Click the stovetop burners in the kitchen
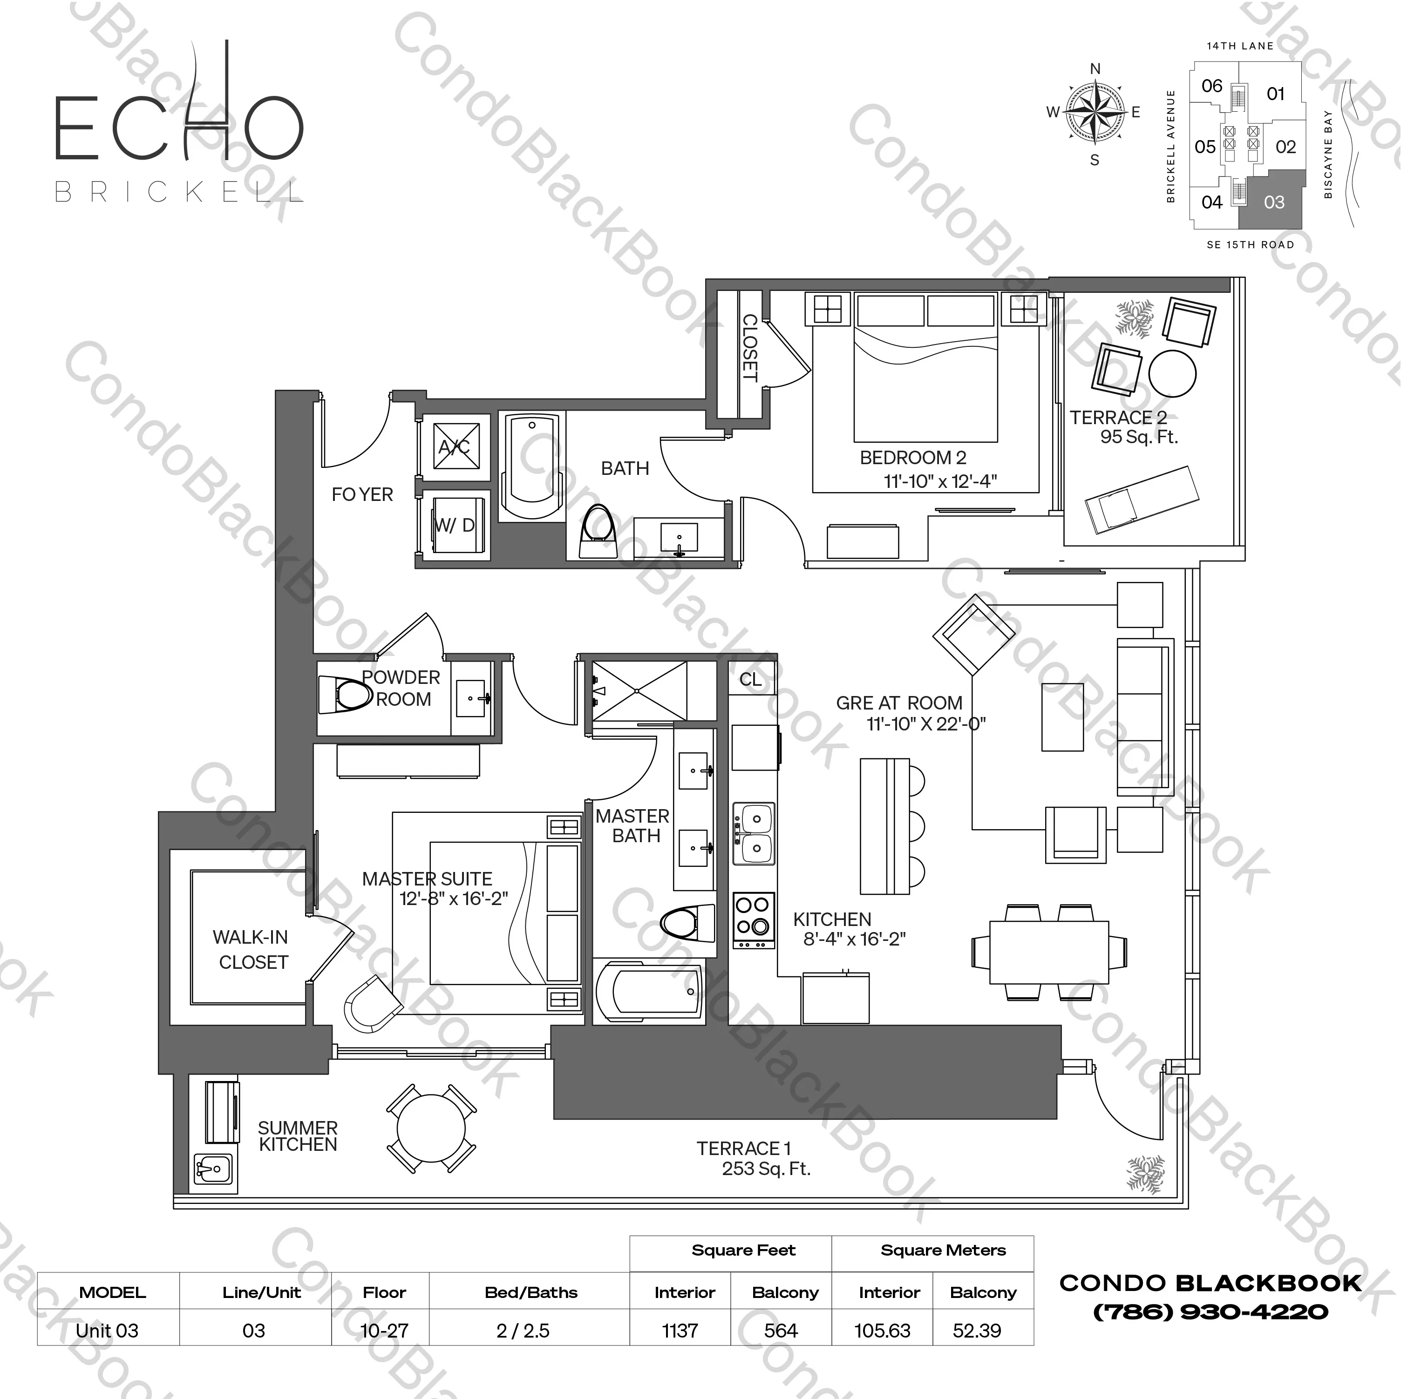(x=753, y=918)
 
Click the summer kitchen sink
(x=212, y=1169)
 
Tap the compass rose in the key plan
(x=1094, y=112)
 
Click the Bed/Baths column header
(x=531, y=1292)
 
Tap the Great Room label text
(x=899, y=703)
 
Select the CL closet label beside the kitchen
(x=750, y=679)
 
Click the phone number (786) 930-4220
(x=1211, y=1311)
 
